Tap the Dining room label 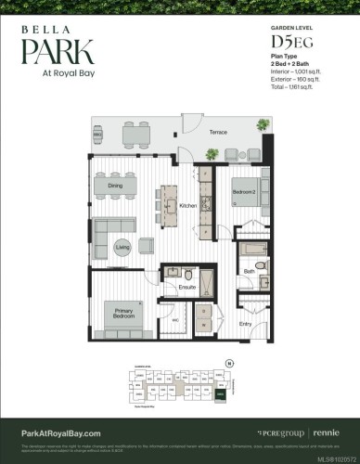tap(115, 186)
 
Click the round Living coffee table tap(122, 247)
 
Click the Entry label tap(245, 324)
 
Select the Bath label tap(249, 272)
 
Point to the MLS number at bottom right tap(333, 457)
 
